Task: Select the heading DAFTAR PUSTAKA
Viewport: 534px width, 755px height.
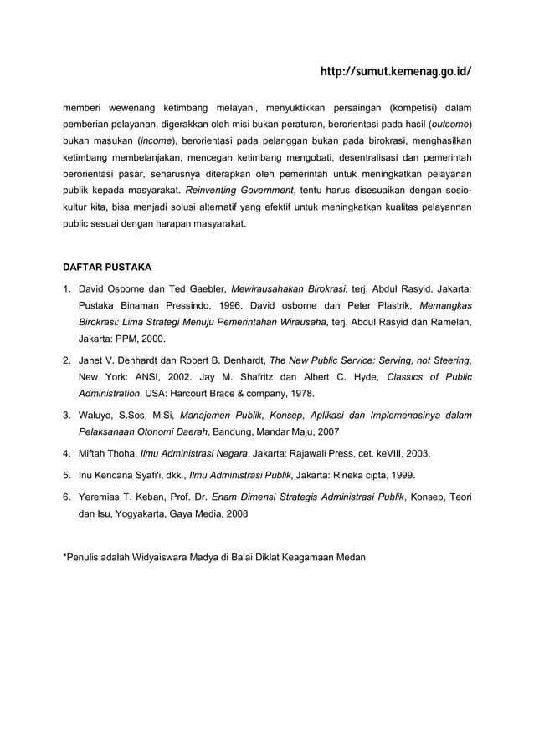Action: [x=108, y=268]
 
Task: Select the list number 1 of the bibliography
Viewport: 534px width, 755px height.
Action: [x=67, y=289]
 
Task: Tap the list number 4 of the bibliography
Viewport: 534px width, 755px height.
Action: [x=67, y=453]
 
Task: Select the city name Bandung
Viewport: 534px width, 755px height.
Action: [x=228, y=432]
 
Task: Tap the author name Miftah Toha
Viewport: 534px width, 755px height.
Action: [x=106, y=453]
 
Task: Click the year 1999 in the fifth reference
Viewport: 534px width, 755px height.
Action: [x=398, y=475]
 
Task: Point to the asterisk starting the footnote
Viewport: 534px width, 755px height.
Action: [x=66, y=555]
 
